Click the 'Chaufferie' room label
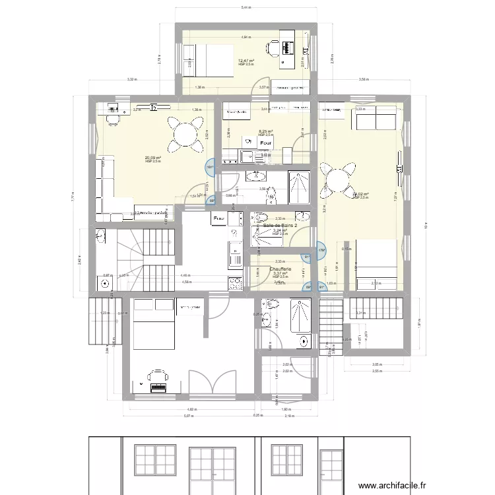(285, 269)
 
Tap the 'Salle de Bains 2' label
(280, 226)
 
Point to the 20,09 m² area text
(153, 158)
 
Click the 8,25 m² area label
(266, 131)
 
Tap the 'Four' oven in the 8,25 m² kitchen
(266, 143)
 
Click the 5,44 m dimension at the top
(246, 8)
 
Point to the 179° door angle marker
(321, 250)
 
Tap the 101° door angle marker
(209, 168)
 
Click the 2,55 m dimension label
(376, 372)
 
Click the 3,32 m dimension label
(132, 79)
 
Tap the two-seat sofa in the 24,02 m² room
(376, 120)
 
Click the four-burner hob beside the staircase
(235, 282)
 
